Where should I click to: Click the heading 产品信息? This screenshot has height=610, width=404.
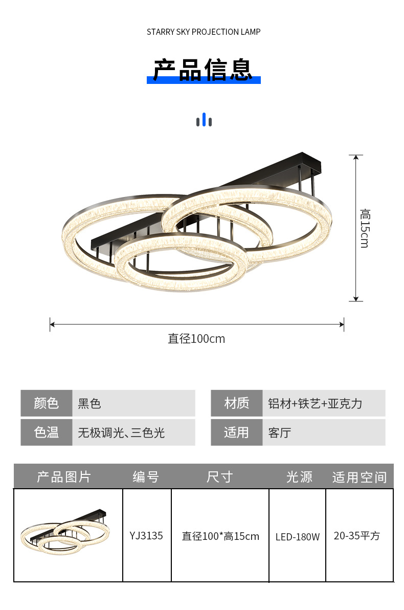(204, 70)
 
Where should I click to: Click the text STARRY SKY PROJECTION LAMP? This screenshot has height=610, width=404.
(204, 32)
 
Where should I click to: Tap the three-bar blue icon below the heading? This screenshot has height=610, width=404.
(204, 120)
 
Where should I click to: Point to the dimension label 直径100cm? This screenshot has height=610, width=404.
(196, 339)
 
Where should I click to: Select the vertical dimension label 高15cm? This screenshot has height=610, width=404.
(364, 228)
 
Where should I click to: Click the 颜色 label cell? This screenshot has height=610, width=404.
(47, 403)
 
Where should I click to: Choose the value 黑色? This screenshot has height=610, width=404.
(89, 403)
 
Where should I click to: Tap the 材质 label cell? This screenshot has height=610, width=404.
(236, 403)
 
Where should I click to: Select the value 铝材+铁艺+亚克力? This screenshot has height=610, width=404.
(315, 403)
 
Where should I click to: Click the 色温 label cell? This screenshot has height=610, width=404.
(47, 432)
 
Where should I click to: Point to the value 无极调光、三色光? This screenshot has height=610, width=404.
(121, 433)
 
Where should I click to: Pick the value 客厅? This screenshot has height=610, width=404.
(279, 433)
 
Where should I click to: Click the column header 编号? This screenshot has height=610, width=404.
(146, 477)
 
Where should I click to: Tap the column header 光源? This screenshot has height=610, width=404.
(299, 477)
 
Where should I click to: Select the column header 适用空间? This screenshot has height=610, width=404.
(360, 477)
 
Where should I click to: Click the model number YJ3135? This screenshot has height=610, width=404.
(146, 535)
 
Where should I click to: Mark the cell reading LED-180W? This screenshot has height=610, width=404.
(298, 537)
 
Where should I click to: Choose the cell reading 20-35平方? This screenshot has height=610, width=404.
(357, 536)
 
